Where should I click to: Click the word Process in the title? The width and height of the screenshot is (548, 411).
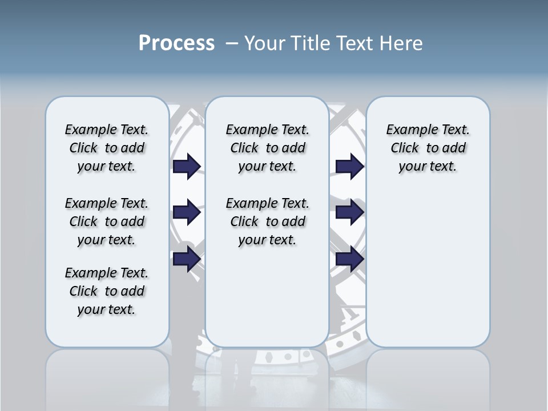(x=176, y=43)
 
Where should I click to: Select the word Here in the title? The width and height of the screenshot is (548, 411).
(x=401, y=43)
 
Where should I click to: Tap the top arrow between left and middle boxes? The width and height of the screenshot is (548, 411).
(x=187, y=166)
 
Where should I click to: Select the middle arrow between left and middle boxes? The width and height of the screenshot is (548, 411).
(x=187, y=212)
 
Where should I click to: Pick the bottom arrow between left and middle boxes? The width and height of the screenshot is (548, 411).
(x=187, y=259)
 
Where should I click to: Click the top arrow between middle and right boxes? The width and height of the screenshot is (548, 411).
(x=349, y=166)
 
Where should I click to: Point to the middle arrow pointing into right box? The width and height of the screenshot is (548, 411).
(x=349, y=212)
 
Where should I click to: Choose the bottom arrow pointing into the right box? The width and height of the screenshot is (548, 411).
(x=349, y=259)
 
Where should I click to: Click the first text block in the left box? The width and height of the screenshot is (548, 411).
(x=107, y=148)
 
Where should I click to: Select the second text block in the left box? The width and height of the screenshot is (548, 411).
(x=107, y=221)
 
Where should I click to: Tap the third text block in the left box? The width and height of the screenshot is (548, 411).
(x=107, y=291)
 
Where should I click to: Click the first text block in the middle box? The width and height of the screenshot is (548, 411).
(x=267, y=148)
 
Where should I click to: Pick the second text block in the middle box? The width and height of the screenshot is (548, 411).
(x=267, y=221)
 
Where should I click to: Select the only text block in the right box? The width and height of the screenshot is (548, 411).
(x=428, y=148)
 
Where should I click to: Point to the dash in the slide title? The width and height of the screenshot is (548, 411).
(x=232, y=43)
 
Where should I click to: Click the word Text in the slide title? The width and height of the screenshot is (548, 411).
(x=356, y=43)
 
